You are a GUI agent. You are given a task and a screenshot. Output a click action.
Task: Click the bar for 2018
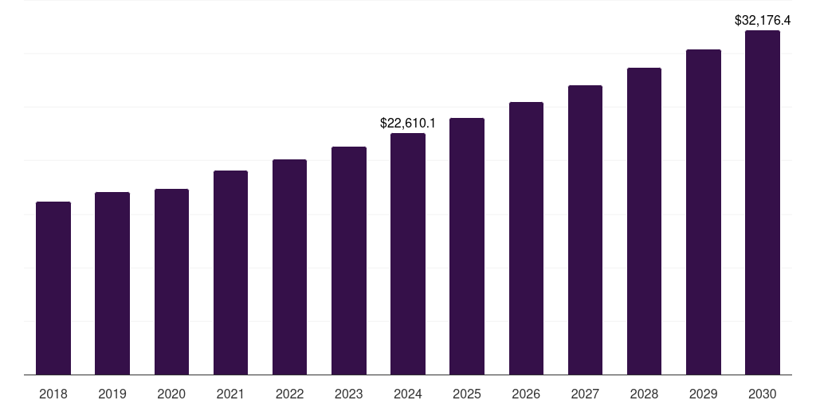click(53, 288)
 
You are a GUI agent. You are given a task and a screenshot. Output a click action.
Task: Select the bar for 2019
click(112, 284)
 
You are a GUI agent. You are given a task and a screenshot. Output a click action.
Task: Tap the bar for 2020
click(171, 282)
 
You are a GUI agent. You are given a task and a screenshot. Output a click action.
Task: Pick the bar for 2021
click(230, 273)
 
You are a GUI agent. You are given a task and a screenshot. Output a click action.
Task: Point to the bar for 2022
click(289, 267)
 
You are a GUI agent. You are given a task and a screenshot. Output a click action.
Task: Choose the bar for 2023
click(349, 261)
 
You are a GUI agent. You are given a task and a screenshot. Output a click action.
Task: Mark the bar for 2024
click(408, 254)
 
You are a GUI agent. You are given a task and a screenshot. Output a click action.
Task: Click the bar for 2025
click(467, 246)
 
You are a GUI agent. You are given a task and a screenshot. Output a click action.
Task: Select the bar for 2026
click(526, 238)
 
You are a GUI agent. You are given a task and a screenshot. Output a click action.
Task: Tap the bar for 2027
click(585, 230)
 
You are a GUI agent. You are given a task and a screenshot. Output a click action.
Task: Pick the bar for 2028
click(644, 222)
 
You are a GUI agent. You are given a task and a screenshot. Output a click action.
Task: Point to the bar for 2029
click(703, 212)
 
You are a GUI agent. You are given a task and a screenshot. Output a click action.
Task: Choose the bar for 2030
click(763, 202)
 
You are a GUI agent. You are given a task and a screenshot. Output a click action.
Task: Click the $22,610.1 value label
click(408, 124)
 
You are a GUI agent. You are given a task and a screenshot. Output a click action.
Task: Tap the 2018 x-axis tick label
click(53, 394)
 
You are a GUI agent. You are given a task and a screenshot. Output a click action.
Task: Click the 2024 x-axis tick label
click(408, 394)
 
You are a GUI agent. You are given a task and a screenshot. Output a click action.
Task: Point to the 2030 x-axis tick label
click(763, 394)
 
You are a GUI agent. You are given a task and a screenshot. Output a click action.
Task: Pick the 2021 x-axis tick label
click(230, 394)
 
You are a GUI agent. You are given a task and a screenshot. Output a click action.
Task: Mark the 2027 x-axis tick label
click(585, 394)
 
